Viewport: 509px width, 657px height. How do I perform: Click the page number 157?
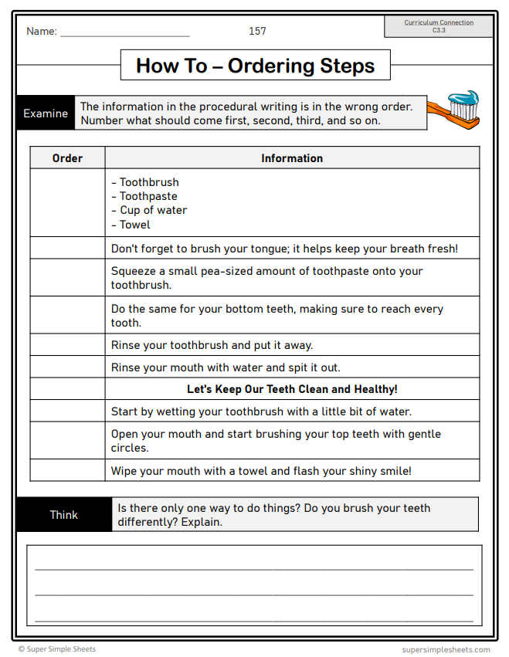tap(257, 31)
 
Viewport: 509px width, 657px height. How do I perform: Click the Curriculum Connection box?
tap(439, 26)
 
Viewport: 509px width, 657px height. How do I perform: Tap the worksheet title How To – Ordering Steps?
tap(255, 66)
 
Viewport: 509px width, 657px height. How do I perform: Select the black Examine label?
tap(46, 113)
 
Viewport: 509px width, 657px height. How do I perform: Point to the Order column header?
tap(67, 158)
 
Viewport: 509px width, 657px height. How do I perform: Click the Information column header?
tap(292, 158)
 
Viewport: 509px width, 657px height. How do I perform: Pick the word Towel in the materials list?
tap(135, 225)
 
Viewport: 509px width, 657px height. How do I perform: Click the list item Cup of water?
tap(153, 210)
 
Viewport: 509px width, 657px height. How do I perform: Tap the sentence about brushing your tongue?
tap(284, 249)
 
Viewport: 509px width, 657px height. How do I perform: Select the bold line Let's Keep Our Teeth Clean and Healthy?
tap(292, 389)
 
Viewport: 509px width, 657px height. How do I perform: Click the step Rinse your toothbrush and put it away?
tap(212, 345)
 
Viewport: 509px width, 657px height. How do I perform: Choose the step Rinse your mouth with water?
tap(226, 367)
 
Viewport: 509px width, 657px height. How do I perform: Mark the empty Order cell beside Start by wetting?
tap(67, 411)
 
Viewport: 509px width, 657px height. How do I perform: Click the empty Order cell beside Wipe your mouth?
tap(67, 470)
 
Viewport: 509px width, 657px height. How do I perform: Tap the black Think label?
tap(63, 515)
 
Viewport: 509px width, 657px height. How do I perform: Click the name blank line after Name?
tap(124, 33)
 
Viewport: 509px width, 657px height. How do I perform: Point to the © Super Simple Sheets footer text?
tap(57, 649)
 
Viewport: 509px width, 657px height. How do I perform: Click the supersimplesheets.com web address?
tap(446, 649)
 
